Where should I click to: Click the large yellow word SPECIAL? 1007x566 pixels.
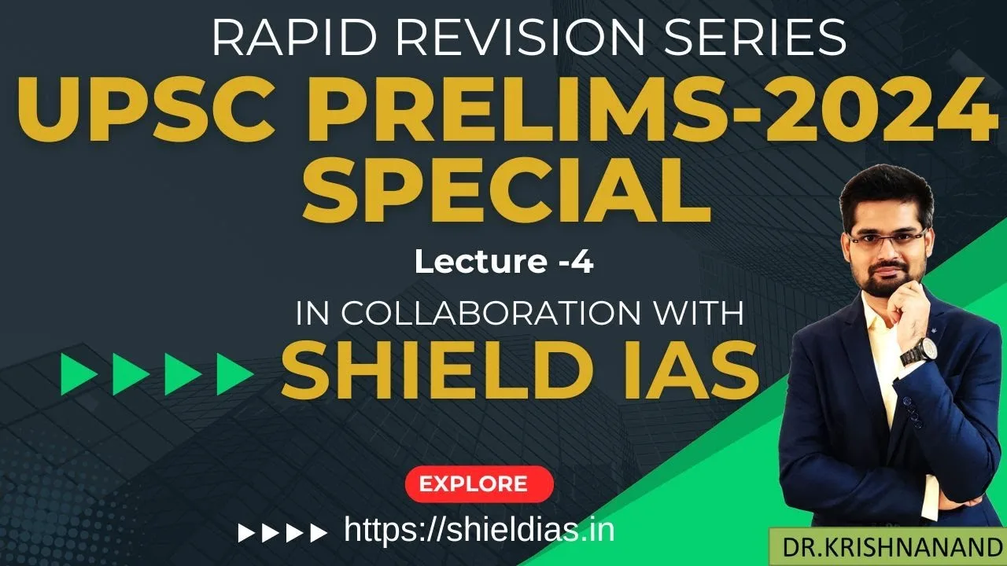[x=507, y=193]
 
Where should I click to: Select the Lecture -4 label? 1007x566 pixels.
[x=503, y=262]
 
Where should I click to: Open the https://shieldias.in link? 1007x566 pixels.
[x=479, y=531]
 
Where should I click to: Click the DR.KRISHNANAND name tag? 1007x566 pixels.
[x=887, y=547]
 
